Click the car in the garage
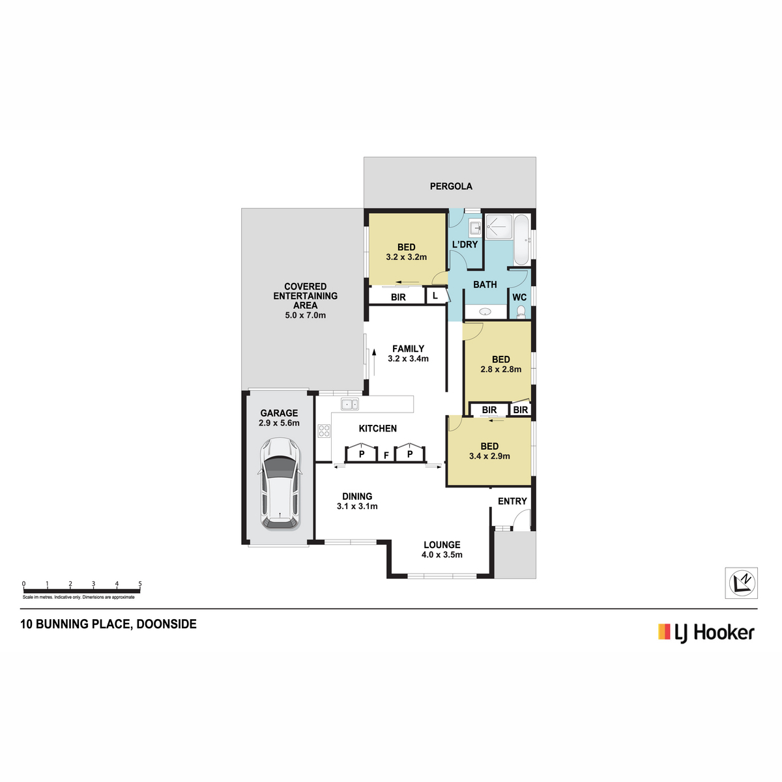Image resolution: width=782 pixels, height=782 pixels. click(280, 484)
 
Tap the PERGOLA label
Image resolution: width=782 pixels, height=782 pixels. click(451, 186)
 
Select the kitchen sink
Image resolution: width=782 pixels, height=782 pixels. click(349, 404)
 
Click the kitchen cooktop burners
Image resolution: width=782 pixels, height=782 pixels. click(324, 431)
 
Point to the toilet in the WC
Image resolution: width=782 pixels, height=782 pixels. click(521, 311)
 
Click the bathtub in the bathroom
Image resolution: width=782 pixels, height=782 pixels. click(521, 240)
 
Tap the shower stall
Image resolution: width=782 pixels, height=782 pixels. click(499, 226)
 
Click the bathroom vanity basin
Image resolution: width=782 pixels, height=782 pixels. click(485, 311)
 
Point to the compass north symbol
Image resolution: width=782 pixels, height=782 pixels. click(742, 583)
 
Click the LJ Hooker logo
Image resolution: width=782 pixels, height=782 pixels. click(706, 633)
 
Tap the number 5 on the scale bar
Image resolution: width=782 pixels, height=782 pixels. click(140, 583)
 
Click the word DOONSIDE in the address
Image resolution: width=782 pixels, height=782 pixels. click(166, 624)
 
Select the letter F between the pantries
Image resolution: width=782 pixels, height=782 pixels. click(386, 456)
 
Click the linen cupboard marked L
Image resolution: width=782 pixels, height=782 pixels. click(435, 295)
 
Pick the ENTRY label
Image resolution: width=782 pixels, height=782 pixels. click(512, 501)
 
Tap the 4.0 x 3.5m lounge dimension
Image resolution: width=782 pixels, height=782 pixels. click(442, 555)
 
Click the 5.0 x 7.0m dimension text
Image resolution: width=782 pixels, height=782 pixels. click(305, 315)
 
